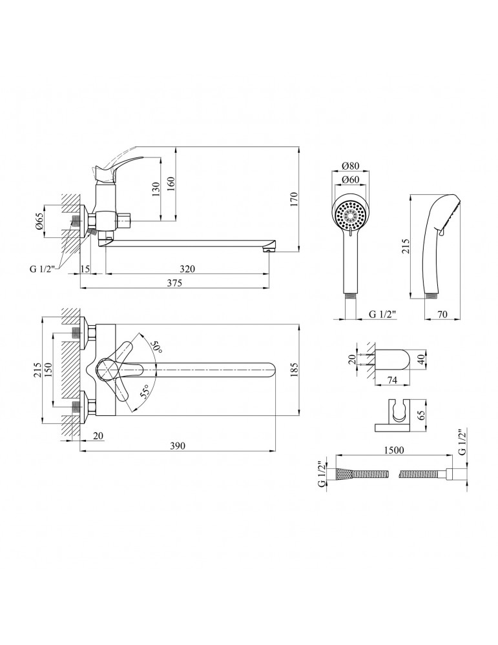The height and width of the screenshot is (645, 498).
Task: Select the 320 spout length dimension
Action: point(187,268)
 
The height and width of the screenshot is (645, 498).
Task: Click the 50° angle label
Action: point(155,347)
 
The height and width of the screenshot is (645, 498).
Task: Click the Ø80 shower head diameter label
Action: point(351,167)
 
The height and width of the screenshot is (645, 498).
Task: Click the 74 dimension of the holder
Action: point(391,381)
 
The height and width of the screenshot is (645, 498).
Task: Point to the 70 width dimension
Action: point(443,315)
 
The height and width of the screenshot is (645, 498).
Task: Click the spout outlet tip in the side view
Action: point(270,246)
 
